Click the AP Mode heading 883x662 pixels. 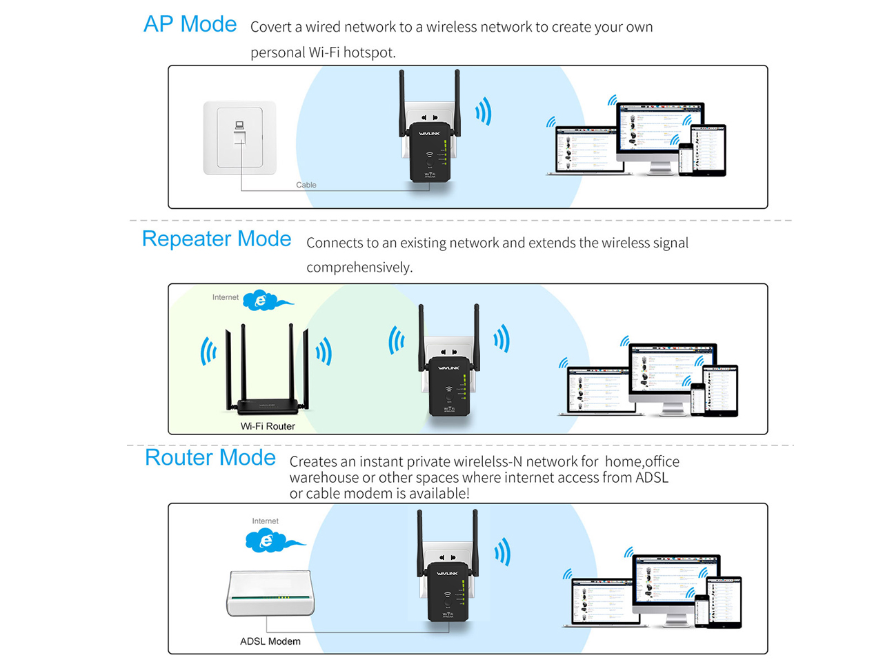(x=190, y=24)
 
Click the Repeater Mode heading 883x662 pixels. (x=216, y=239)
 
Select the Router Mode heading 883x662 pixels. (x=210, y=457)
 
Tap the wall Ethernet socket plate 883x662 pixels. (x=239, y=137)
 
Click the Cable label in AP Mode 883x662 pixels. (x=306, y=185)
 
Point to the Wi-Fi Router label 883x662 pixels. (x=268, y=426)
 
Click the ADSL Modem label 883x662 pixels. (x=270, y=641)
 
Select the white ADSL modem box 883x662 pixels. (x=270, y=593)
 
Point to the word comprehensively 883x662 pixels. (x=359, y=267)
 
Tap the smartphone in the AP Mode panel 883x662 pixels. (x=686, y=159)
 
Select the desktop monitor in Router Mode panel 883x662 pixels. (x=676, y=583)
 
